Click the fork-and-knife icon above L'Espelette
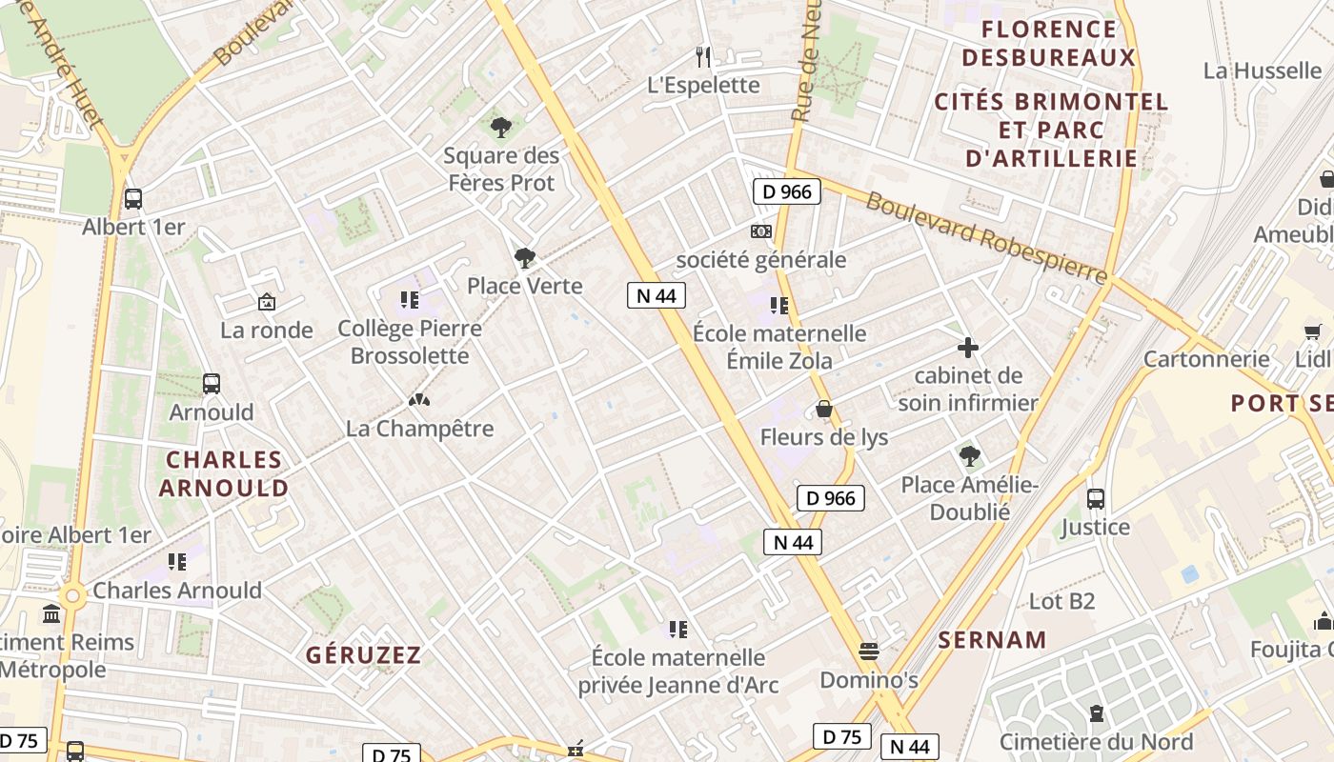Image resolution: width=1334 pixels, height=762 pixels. tap(703, 57)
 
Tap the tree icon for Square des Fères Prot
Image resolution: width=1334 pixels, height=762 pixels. tap(501, 127)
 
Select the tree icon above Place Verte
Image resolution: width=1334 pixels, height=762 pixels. tap(524, 257)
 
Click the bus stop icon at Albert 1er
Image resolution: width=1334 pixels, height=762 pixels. tap(133, 199)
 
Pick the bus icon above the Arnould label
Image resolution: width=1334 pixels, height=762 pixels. tap(212, 384)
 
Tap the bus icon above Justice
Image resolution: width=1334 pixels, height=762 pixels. tap(1096, 498)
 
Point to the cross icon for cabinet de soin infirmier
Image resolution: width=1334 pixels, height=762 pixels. tap(968, 348)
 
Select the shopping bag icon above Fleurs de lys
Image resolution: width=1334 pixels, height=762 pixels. tap(824, 410)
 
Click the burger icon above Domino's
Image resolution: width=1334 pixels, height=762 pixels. tap(868, 652)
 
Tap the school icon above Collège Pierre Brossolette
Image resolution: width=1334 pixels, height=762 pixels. tap(410, 301)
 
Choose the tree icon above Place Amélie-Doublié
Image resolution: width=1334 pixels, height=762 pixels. tap(970, 456)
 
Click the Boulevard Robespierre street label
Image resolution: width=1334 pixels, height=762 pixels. tap(987, 238)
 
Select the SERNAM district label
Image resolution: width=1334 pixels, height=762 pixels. tap(992, 640)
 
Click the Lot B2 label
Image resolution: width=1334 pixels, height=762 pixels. tap(1061, 601)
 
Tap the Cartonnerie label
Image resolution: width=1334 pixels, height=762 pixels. tap(1206, 359)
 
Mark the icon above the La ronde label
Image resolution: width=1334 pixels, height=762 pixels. tap(267, 302)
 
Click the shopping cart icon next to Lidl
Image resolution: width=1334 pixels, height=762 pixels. tap(1313, 331)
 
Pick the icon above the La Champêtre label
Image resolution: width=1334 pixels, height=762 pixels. tap(418, 400)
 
